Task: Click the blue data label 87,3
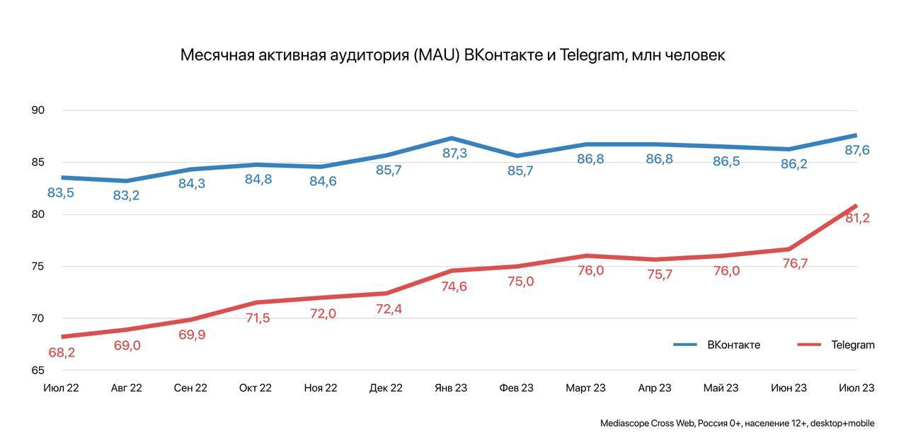[x=454, y=153]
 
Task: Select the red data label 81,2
[x=857, y=219]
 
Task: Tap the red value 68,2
[x=62, y=352]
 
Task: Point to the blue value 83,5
[x=61, y=192]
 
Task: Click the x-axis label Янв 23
[x=451, y=388]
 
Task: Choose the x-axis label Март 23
[x=585, y=388]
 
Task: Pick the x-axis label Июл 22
[x=61, y=388]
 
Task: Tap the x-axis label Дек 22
[x=386, y=388]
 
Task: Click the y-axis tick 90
[x=38, y=110]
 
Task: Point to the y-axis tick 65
[x=38, y=370]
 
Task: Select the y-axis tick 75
[x=38, y=267]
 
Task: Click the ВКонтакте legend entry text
[x=733, y=345]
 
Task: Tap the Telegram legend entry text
[x=853, y=345]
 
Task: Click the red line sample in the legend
[x=809, y=345]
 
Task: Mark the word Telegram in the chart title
[x=591, y=55]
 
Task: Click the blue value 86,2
[x=793, y=164]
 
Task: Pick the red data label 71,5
[x=257, y=318]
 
